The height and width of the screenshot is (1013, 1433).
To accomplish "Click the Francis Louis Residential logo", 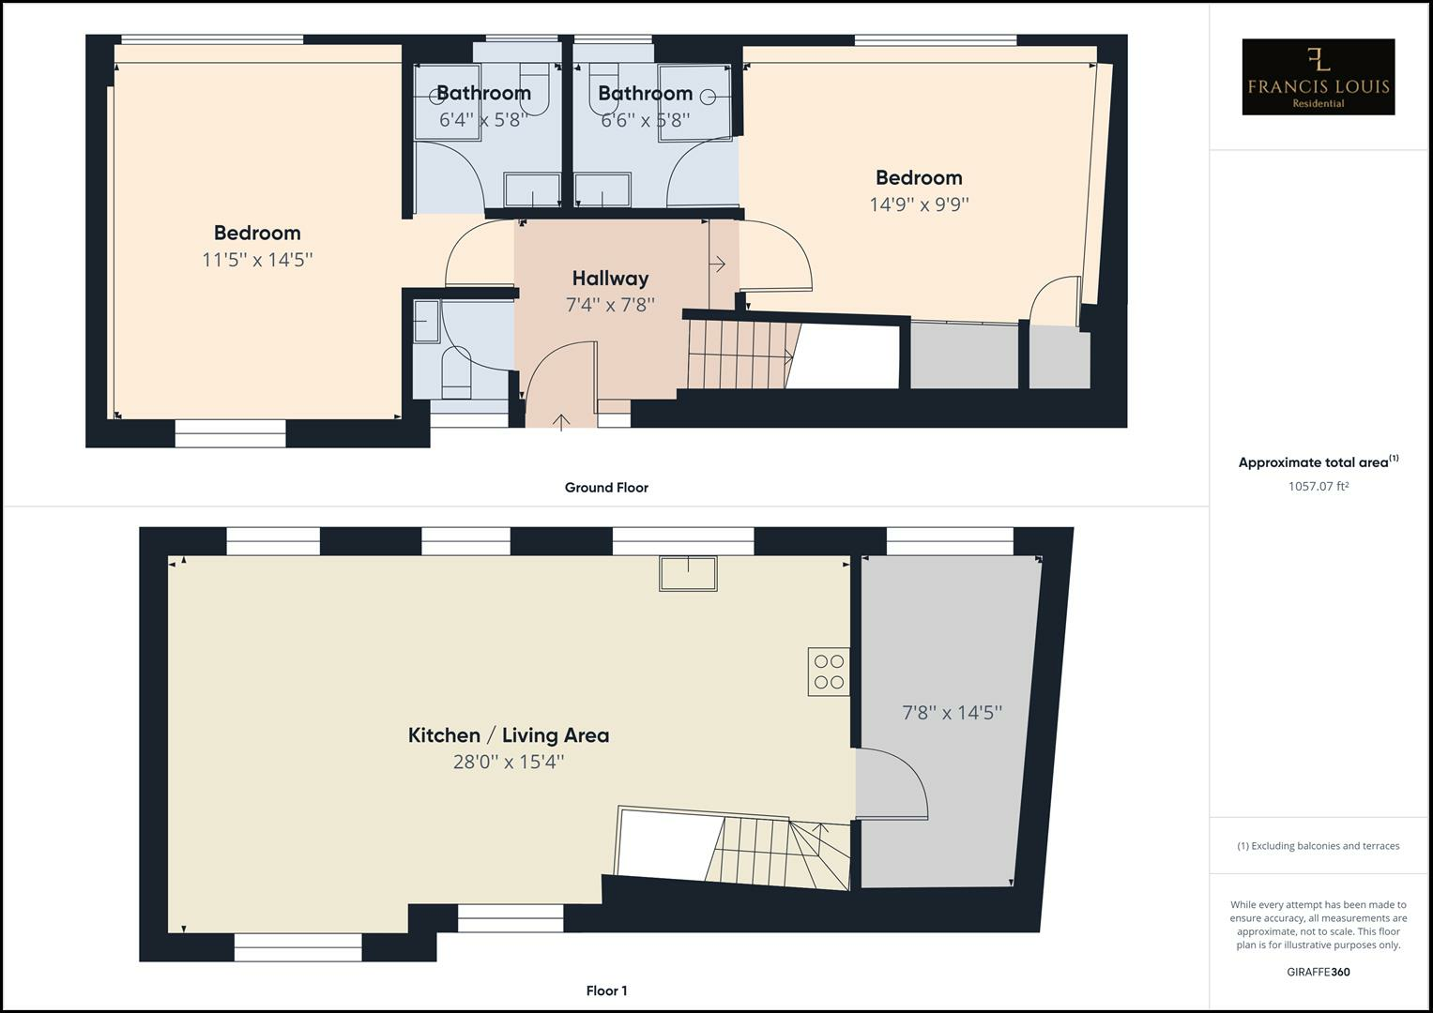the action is click(1318, 77).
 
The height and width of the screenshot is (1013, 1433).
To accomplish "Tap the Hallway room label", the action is click(610, 279).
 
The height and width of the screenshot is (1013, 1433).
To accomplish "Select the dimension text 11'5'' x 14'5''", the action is click(257, 260).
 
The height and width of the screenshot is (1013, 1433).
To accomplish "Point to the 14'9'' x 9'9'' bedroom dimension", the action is click(919, 204).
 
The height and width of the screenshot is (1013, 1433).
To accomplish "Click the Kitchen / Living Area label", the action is click(509, 735).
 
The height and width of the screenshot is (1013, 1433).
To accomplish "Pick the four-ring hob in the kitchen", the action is click(829, 672).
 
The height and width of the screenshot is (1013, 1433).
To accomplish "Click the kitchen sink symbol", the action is click(689, 573).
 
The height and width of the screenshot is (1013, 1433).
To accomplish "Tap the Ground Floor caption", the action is click(606, 488).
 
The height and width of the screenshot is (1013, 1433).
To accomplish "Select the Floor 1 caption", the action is click(606, 990).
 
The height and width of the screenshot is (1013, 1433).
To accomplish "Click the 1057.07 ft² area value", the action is click(1319, 486).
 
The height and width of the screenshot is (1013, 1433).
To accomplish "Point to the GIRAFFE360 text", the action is click(1319, 972).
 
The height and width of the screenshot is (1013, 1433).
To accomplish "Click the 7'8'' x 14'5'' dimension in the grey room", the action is click(952, 713).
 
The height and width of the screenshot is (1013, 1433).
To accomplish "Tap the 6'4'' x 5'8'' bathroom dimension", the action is click(483, 120).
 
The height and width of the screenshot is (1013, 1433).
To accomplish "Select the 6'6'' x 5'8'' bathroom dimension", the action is click(646, 120).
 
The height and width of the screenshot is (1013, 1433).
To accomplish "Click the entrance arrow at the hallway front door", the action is click(561, 422).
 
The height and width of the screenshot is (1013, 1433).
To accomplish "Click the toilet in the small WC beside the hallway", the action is click(457, 373).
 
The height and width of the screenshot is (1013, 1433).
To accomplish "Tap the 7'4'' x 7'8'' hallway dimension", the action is click(610, 305).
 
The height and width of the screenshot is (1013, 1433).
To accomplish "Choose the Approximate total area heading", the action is click(1319, 461).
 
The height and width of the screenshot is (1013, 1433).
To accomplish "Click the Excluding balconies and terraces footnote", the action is click(1319, 845).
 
